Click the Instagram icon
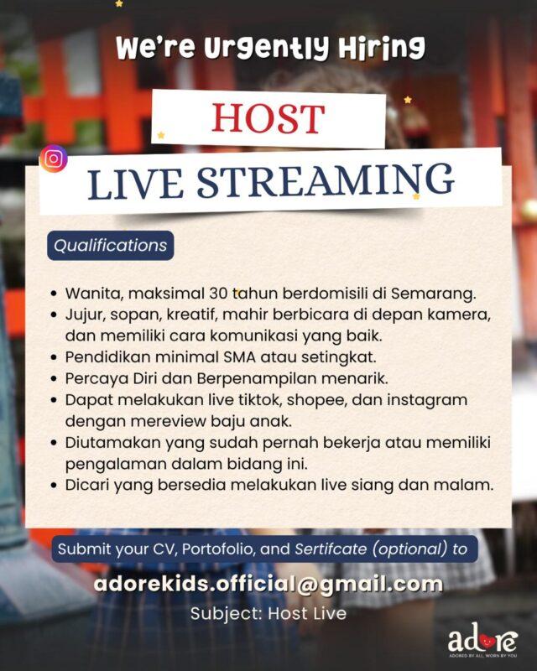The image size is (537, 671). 55,159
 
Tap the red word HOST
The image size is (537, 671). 268,119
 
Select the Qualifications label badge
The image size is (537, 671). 110,246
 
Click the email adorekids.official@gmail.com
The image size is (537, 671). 268,583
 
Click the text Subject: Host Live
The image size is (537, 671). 268,613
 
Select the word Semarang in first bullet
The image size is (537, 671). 437,294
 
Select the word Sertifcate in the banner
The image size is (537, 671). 332,550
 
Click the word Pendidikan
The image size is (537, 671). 106,356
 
